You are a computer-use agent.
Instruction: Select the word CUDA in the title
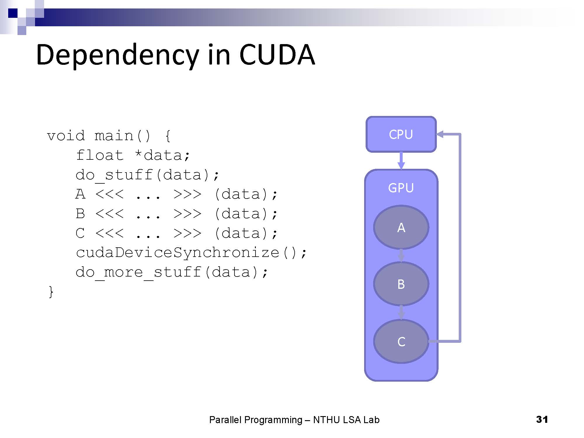pyautogui.click(x=277, y=55)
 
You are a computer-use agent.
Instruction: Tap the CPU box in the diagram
pyautogui.click(x=401, y=134)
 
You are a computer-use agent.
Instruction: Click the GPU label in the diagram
pyautogui.click(x=401, y=188)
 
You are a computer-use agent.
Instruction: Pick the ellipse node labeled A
pyautogui.click(x=401, y=227)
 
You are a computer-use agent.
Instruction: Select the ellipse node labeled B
pyautogui.click(x=401, y=284)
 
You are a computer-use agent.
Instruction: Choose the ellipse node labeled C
pyautogui.click(x=401, y=341)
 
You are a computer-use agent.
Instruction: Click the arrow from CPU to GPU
pyautogui.click(x=401, y=160)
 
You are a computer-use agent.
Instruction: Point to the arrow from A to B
pyautogui.click(x=401, y=255)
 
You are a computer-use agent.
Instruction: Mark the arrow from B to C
pyautogui.click(x=401, y=312)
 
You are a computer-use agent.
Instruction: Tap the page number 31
pyautogui.click(x=542, y=419)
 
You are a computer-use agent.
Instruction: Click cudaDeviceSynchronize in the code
pyautogui.click(x=178, y=253)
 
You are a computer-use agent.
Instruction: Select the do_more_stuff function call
pyautogui.click(x=138, y=272)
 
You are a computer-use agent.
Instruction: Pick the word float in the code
pyautogui.click(x=100, y=155)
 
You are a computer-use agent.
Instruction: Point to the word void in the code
pyautogui.click(x=66, y=136)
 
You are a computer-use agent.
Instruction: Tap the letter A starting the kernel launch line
pyautogui.click(x=80, y=194)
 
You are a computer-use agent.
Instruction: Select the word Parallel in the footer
pyautogui.click(x=225, y=420)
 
